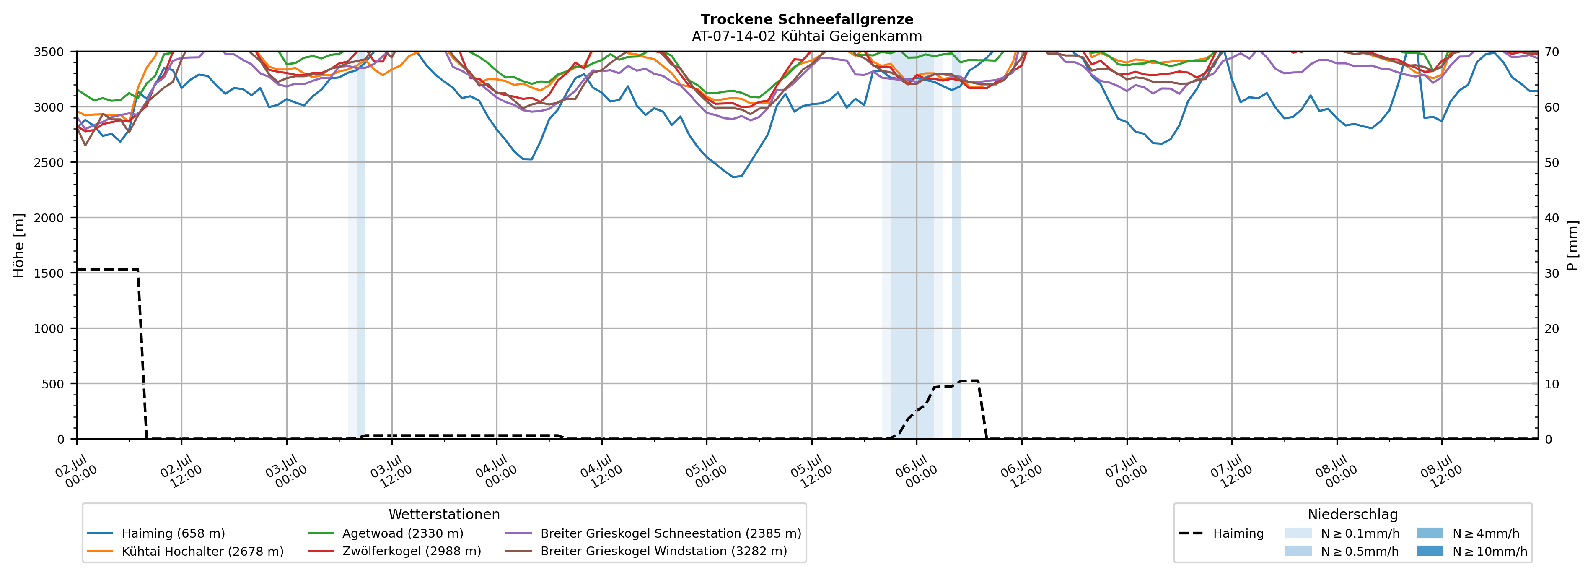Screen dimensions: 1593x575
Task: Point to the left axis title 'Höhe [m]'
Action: (x=19, y=245)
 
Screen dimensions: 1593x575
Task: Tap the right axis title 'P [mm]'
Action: (x=1572, y=245)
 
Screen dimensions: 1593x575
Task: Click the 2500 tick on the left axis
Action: (x=49, y=163)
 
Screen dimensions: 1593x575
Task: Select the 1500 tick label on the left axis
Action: (x=49, y=273)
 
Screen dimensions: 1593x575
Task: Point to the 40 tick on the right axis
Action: (x=1552, y=218)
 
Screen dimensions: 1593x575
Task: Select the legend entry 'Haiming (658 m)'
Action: (x=156, y=533)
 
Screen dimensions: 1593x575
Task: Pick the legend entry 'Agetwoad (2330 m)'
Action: (x=385, y=533)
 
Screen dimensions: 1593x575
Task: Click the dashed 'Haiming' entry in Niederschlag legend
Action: (x=1221, y=533)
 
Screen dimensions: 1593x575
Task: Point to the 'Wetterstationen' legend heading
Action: (x=444, y=514)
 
